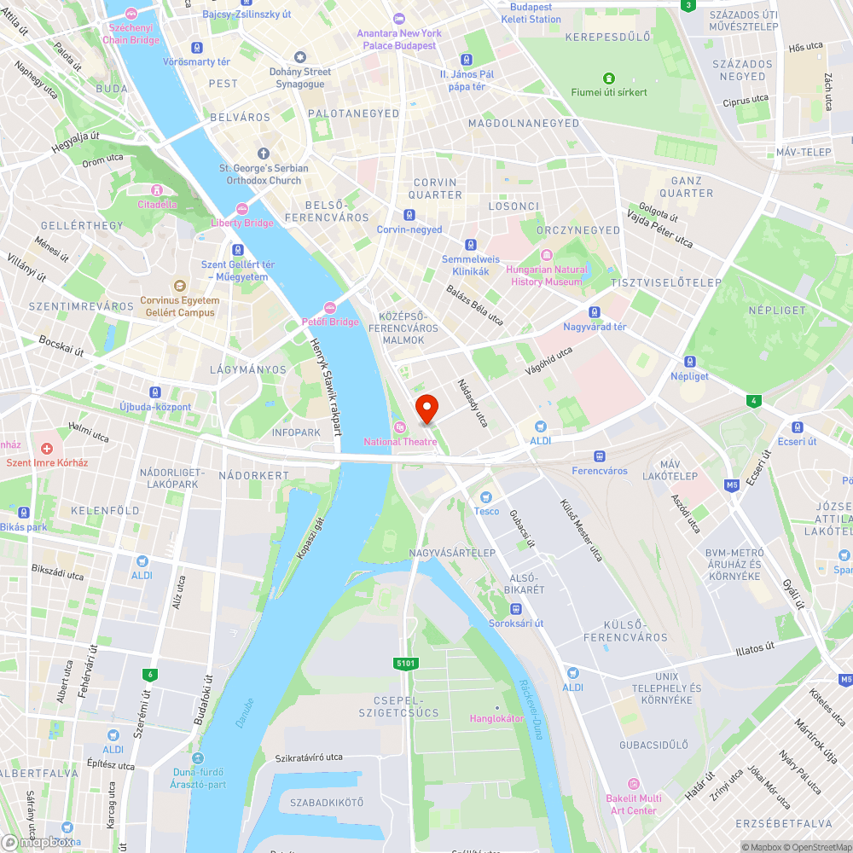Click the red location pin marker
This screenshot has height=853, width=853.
pos(426,408)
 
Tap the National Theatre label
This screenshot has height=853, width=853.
pos(400,441)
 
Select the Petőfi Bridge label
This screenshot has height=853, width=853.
pos(330,322)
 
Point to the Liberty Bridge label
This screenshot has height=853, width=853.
pos(242,223)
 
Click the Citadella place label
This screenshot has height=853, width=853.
pos(158,204)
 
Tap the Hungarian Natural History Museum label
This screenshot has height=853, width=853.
pos(546,275)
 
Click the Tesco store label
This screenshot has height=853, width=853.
pos(486,511)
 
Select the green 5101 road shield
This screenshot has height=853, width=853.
pos(406,663)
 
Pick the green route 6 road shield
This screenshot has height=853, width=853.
pos(151,674)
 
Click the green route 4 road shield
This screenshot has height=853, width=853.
pos(753,400)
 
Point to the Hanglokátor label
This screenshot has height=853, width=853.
pos(496,718)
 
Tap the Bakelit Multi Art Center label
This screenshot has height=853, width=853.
pos(634,804)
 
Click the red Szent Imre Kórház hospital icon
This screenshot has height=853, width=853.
pos(47,448)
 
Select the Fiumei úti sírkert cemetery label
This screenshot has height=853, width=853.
pos(609,91)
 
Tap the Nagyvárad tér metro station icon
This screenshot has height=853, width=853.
pos(595,313)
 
